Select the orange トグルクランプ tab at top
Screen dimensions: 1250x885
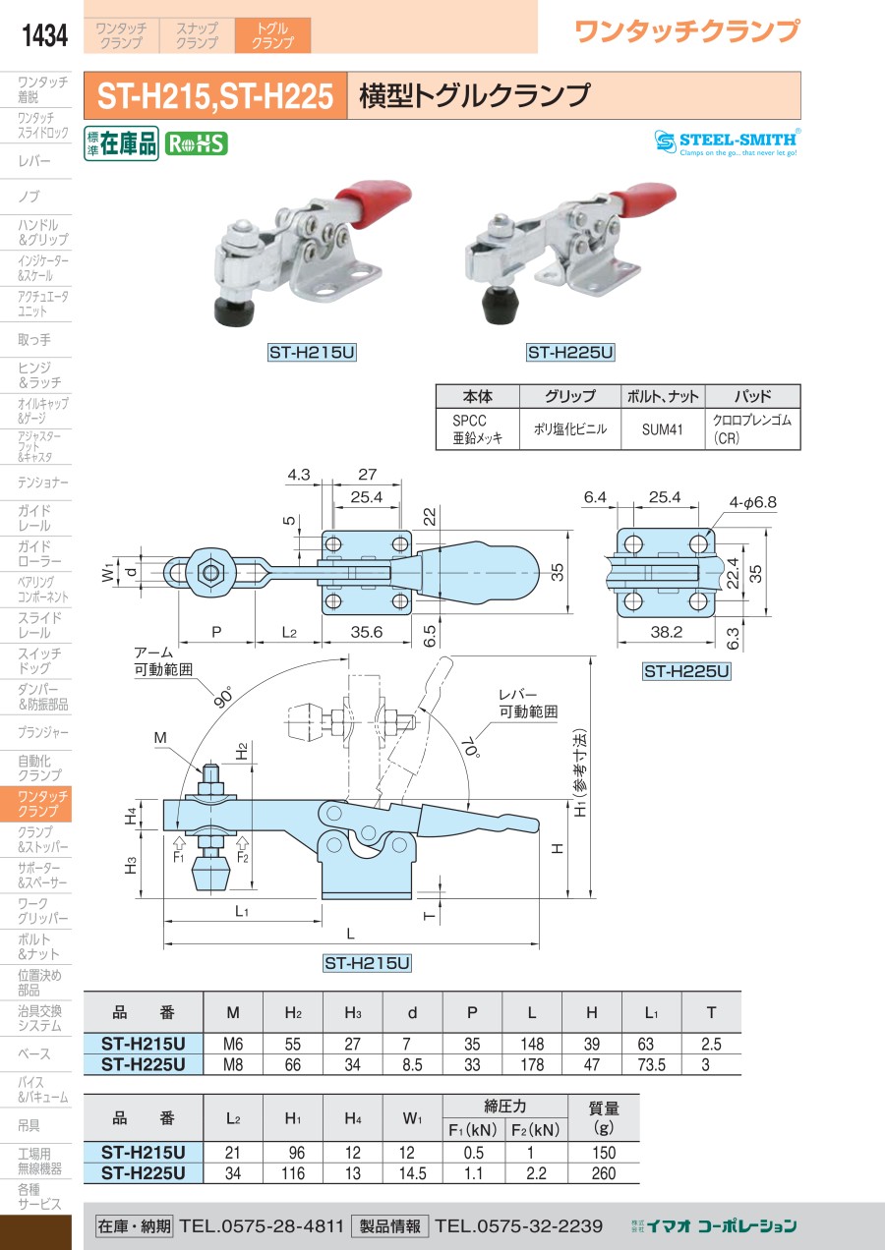pyautogui.click(x=272, y=35)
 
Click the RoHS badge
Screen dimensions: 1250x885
pyautogui.click(x=196, y=143)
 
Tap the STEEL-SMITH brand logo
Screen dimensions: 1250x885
pyautogui.click(x=728, y=142)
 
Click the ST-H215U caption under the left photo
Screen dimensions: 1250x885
pyautogui.click(x=311, y=352)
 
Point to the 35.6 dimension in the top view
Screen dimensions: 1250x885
pyautogui.click(x=366, y=632)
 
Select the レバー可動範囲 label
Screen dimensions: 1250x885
pyautogui.click(x=527, y=703)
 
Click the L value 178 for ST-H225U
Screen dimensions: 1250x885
pyautogui.click(x=531, y=1064)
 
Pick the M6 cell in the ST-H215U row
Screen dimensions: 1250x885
pyautogui.click(x=232, y=1045)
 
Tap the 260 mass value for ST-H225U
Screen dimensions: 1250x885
pyautogui.click(x=604, y=1172)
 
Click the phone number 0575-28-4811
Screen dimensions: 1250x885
pyautogui.click(x=262, y=1225)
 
